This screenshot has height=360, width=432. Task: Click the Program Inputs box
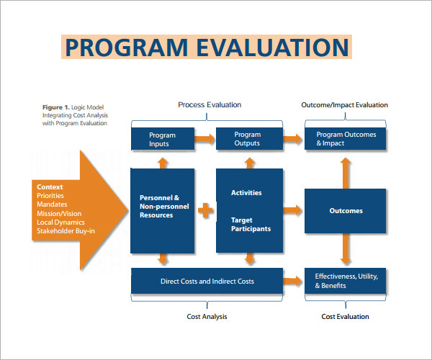click(162, 139)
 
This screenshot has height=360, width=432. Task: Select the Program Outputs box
click(248, 139)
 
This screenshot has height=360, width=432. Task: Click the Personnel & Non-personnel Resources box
click(162, 210)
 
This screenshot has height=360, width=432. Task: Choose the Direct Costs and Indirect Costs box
click(207, 281)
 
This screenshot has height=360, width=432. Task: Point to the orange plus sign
click(206, 211)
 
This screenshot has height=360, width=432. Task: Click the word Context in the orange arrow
click(50, 188)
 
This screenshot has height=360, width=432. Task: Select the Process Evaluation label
click(210, 105)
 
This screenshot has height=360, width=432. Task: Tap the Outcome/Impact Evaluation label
click(344, 105)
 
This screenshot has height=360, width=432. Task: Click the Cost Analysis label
click(207, 316)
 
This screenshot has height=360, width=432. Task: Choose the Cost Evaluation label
click(345, 316)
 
